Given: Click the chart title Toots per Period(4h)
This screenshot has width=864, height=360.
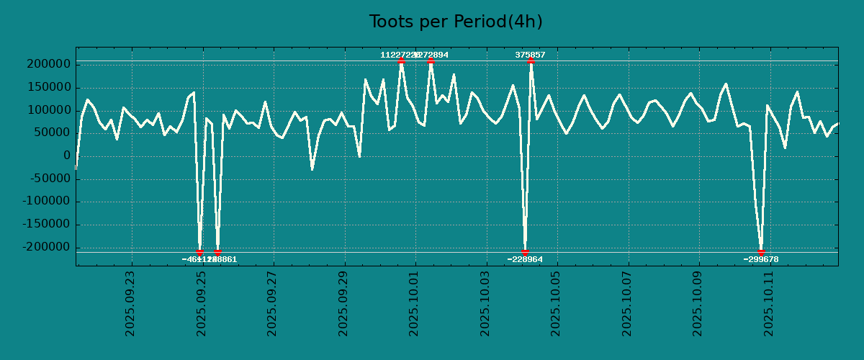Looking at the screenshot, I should [456, 22].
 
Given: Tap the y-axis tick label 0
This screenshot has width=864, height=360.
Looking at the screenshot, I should [66, 156].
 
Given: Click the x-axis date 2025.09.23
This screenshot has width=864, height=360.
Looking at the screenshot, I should [130, 302].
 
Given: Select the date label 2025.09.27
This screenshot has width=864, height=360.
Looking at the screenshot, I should [272, 302].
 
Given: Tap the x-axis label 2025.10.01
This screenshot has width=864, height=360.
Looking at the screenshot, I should [414, 302].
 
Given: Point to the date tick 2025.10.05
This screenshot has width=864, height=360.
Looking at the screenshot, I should [556, 302].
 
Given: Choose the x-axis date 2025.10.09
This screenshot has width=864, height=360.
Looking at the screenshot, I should [698, 302].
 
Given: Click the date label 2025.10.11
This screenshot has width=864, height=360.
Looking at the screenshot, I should [769, 302].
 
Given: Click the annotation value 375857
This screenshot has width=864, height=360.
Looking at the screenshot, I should [530, 55].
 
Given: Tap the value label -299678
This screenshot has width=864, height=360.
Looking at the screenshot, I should [761, 259].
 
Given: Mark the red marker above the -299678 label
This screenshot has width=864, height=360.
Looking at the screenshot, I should [761, 252].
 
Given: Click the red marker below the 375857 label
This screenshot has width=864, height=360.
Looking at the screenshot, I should [531, 61].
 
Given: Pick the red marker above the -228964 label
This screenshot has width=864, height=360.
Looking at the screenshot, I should [525, 252].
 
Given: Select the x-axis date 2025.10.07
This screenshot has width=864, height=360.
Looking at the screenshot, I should [627, 302].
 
